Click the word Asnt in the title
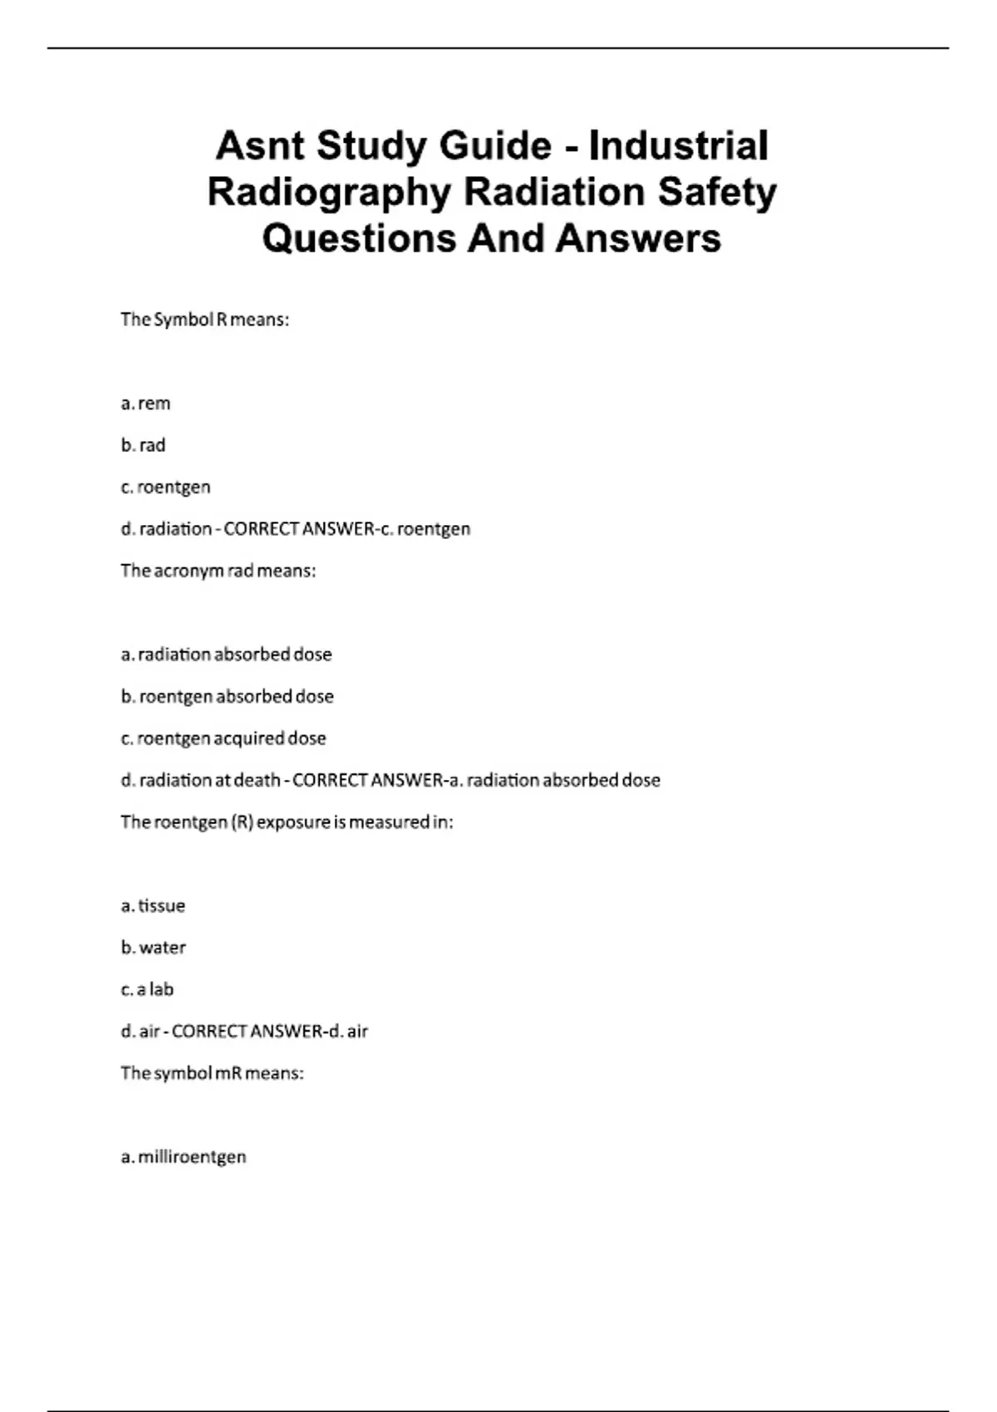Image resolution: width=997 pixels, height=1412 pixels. tap(260, 146)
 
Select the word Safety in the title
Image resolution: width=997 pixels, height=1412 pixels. tap(717, 192)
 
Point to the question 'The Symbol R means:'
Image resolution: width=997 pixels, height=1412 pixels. tap(204, 320)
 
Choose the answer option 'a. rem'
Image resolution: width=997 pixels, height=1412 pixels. tap(145, 404)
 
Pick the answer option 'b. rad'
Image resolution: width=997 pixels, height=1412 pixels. tap(143, 445)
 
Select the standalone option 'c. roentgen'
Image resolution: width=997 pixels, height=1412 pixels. tap(165, 488)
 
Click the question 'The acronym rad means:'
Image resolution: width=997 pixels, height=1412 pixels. tap(218, 571)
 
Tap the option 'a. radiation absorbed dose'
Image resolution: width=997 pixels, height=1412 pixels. tap(226, 655)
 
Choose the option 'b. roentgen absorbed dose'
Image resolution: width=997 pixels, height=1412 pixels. tap(227, 696)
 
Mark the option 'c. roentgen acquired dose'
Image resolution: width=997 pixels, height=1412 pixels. tap(223, 738)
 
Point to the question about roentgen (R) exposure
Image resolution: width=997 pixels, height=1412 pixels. tap(287, 822)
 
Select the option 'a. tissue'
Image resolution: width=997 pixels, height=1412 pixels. tap(153, 906)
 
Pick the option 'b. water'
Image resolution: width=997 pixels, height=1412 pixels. tap(153, 948)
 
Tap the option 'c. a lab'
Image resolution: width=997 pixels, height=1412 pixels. tap(147, 989)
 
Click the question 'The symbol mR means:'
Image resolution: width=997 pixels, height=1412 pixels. tap(212, 1073)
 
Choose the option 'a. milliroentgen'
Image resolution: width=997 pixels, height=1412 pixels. tap(184, 1157)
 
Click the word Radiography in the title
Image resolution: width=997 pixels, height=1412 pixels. tap(328, 192)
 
